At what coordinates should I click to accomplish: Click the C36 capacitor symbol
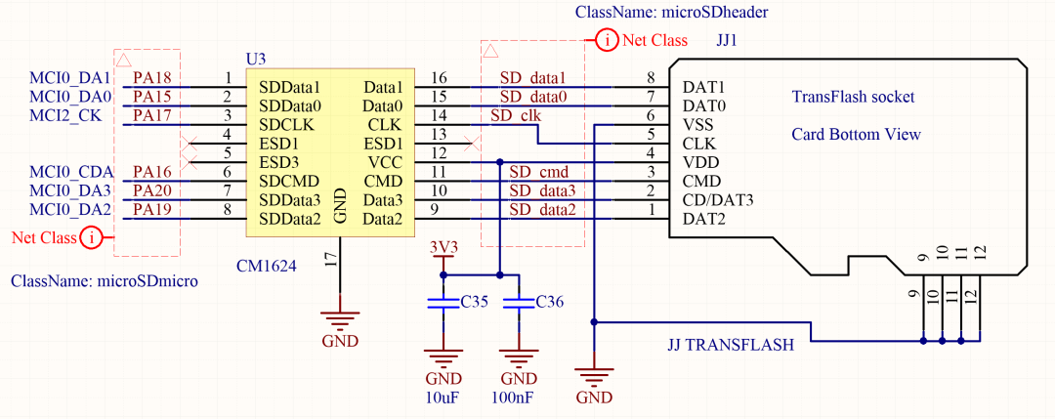tap(519, 304)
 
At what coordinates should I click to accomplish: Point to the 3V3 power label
tap(443, 247)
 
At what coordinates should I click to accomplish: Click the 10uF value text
tap(443, 398)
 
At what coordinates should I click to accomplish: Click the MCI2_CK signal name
tap(71, 115)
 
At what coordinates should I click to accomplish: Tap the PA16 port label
tap(152, 172)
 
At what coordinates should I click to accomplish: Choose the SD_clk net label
tap(516, 115)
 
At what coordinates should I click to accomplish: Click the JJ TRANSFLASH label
tap(730, 345)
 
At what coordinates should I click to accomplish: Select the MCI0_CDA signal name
tap(70, 172)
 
